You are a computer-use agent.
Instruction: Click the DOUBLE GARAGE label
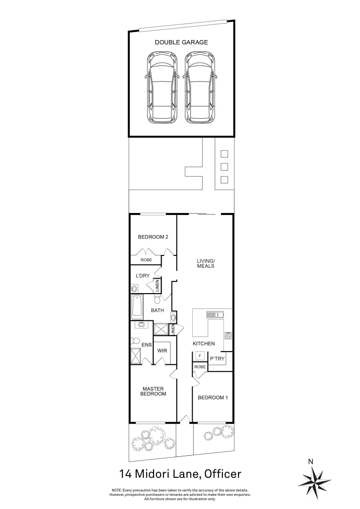tap(181, 42)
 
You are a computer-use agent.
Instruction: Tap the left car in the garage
tap(163, 88)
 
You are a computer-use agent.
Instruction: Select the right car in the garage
tap(201, 88)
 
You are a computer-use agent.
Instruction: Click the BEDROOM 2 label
tap(153, 237)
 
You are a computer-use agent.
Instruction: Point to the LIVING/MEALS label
tap(205, 263)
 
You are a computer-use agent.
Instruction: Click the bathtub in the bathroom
tap(138, 306)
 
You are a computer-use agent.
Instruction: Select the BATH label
tap(157, 310)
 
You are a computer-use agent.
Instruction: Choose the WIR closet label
tap(162, 351)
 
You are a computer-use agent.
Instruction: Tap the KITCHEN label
tap(204, 344)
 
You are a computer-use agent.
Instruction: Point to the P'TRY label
tap(217, 359)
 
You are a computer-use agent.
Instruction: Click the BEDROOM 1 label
tap(213, 397)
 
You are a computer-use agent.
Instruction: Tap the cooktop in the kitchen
tap(229, 336)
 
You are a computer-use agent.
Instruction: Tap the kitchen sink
tap(218, 314)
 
